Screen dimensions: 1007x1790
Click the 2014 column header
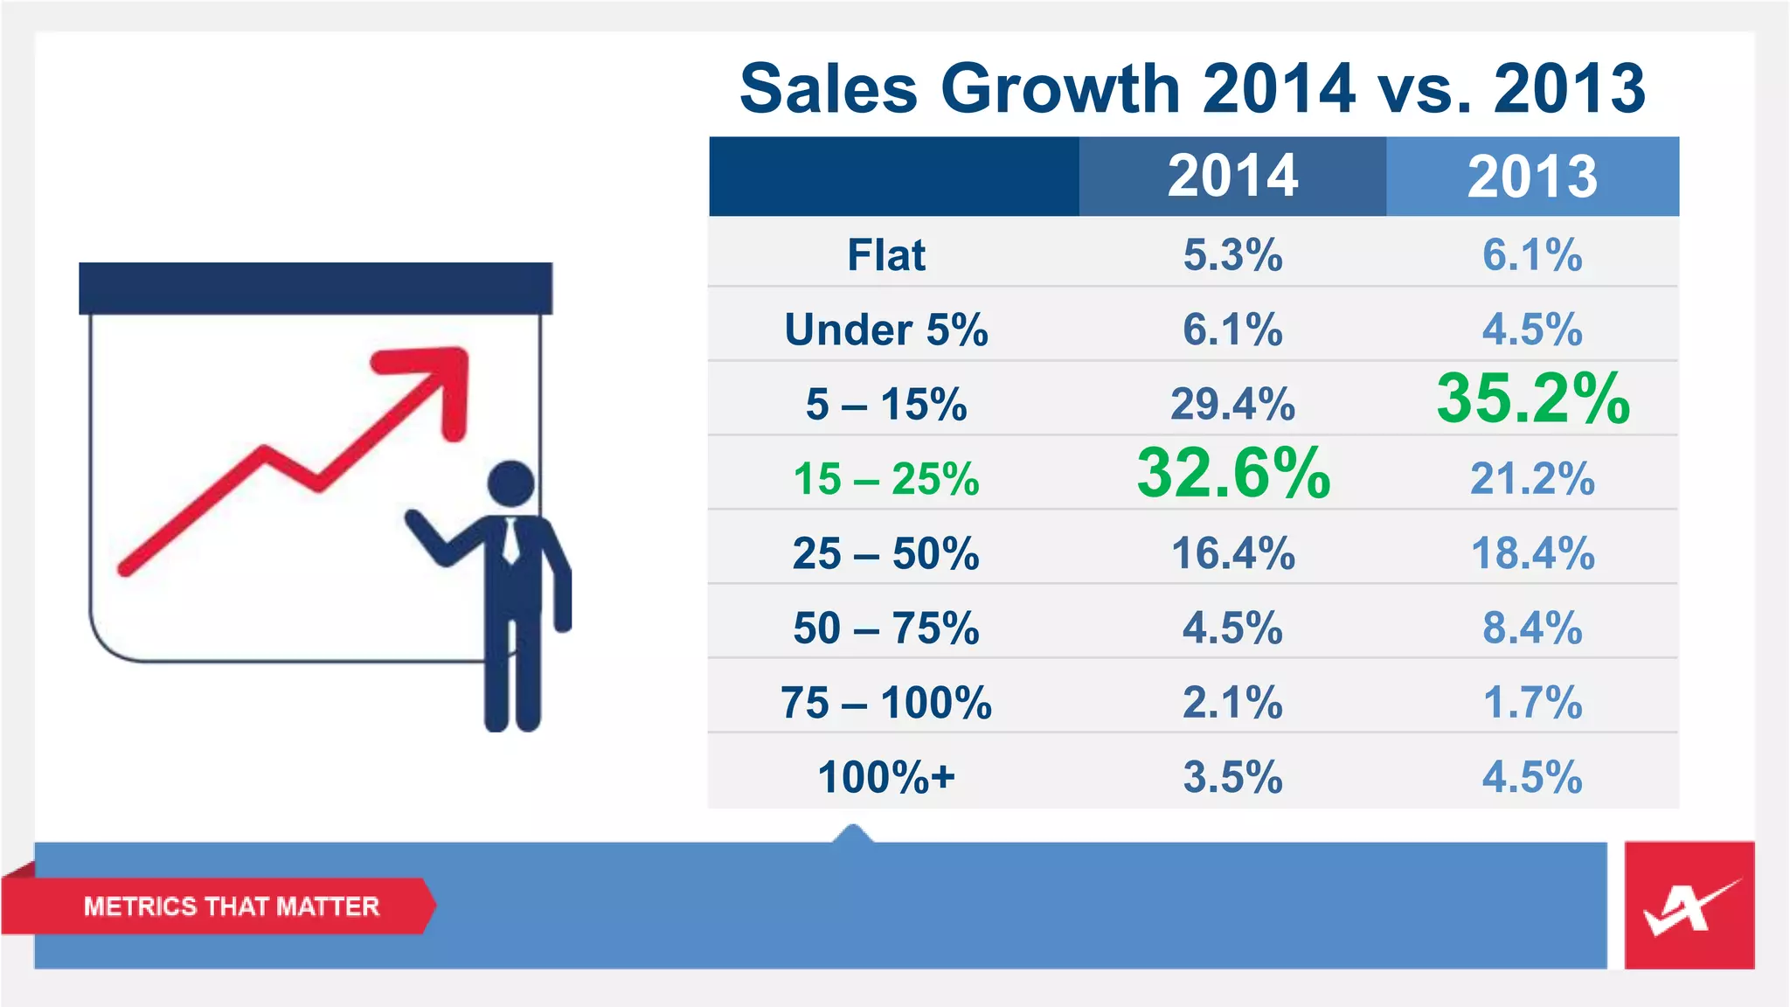(x=1232, y=177)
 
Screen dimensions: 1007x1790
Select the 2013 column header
(x=1532, y=177)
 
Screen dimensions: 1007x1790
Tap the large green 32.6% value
(x=1233, y=473)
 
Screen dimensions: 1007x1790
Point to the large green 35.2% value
(x=1533, y=399)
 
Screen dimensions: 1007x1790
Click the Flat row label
(x=886, y=255)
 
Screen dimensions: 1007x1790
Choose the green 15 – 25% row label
(x=886, y=479)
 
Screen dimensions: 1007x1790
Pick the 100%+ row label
(x=886, y=777)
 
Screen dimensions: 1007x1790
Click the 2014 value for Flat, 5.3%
(x=1232, y=255)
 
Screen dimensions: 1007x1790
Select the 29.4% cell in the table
(x=1232, y=405)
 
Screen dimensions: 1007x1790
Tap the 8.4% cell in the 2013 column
(x=1532, y=629)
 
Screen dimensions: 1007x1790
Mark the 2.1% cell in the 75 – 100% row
(x=1232, y=703)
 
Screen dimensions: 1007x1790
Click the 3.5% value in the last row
(x=1232, y=777)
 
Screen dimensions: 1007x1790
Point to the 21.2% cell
(x=1532, y=479)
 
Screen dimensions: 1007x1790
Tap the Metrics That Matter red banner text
(x=232, y=906)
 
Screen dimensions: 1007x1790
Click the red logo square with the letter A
(x=1689, y=906)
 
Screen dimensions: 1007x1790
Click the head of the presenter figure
(x=511, y=483)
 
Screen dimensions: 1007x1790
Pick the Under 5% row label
(x=886, y=330)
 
